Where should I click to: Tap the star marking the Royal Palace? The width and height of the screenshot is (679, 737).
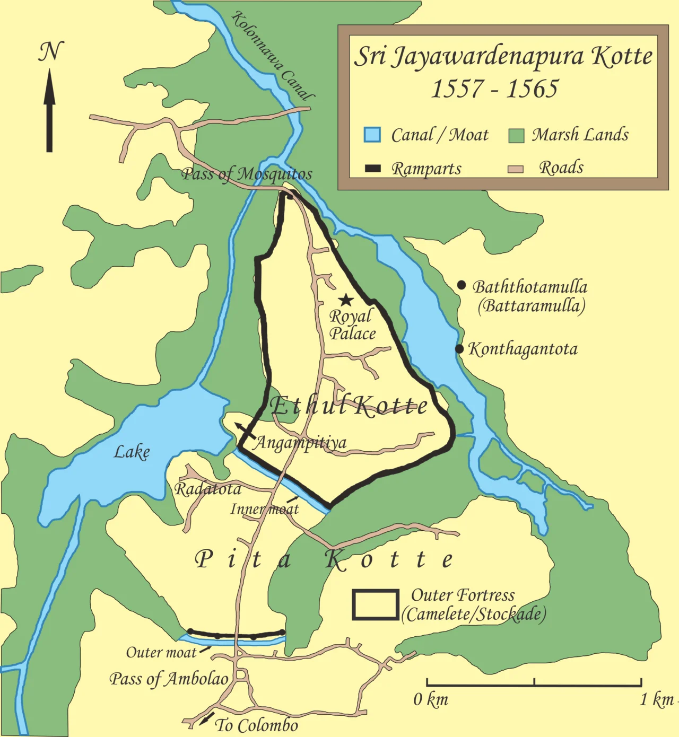click(346, 300)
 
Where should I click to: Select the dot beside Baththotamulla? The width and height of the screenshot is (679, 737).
click(462, 285)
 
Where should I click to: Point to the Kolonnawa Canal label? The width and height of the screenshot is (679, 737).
click(273, 56)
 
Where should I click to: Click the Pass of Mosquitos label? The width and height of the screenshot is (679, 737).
click(247, 174)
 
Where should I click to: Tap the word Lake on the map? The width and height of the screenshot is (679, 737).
click(132, 452)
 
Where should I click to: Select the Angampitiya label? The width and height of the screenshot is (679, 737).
click(301, 442)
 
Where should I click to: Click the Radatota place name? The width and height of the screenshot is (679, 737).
click(208, 489)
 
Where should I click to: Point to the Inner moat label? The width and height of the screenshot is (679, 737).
click(264, 509)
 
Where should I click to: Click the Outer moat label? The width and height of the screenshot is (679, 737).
click(161, 652)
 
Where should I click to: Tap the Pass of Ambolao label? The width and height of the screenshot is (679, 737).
click(169, 679)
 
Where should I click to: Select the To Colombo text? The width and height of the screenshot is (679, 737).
click(257, 725)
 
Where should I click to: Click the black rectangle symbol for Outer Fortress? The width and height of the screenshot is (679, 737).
click(376, 604)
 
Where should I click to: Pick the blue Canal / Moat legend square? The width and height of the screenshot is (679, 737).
click(372, 135)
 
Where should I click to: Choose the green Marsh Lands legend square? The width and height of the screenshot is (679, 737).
click(516, 135)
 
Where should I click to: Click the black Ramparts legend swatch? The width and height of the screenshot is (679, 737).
click(373, 169)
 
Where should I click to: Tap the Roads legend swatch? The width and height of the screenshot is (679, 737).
click(515, 169)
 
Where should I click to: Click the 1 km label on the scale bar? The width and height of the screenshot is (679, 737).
click(657, 700)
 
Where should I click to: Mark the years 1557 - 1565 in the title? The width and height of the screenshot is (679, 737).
click(494, 89)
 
